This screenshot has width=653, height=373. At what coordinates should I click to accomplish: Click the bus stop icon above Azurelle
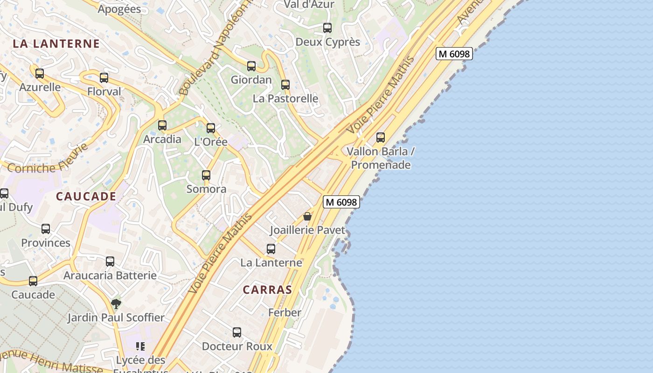[x=40, y=74]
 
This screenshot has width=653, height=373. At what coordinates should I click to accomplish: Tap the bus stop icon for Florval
[x=104, y=78]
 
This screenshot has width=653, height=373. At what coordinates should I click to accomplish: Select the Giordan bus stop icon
[x=251, y=66]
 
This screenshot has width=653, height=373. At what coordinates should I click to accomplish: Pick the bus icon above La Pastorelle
[x=285, y=85]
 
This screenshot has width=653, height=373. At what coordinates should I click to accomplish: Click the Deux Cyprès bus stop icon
[x=327, y=28]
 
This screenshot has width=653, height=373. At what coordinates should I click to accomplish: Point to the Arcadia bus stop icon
[x=162, y=125]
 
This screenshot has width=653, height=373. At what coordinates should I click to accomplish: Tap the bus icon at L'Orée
[x=211, y=128]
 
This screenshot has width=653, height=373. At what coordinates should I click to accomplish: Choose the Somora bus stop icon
[x=206, y=175]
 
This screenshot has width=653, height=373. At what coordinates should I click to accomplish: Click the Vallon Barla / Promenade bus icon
[x=381, y=138]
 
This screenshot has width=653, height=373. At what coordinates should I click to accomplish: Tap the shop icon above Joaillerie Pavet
[x=307, y=216]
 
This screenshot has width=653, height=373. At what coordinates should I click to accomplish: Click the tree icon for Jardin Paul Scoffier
[x=116, y=304]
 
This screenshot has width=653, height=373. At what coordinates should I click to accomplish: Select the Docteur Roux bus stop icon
[x=237, y=332]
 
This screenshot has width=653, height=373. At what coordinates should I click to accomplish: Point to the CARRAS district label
[x=267, y=290]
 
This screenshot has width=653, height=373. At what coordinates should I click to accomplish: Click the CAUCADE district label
[x=86, y=196]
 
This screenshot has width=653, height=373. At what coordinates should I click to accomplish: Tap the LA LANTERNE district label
[x=56, y=44]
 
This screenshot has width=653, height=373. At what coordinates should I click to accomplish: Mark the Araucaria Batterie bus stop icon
[x=110, y=262]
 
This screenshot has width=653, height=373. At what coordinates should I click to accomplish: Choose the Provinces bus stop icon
[x=46, y=229]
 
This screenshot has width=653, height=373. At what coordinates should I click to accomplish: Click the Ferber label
[x=285, y=312]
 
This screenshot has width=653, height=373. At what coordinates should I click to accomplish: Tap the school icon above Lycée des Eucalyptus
[x=140, y=346]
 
